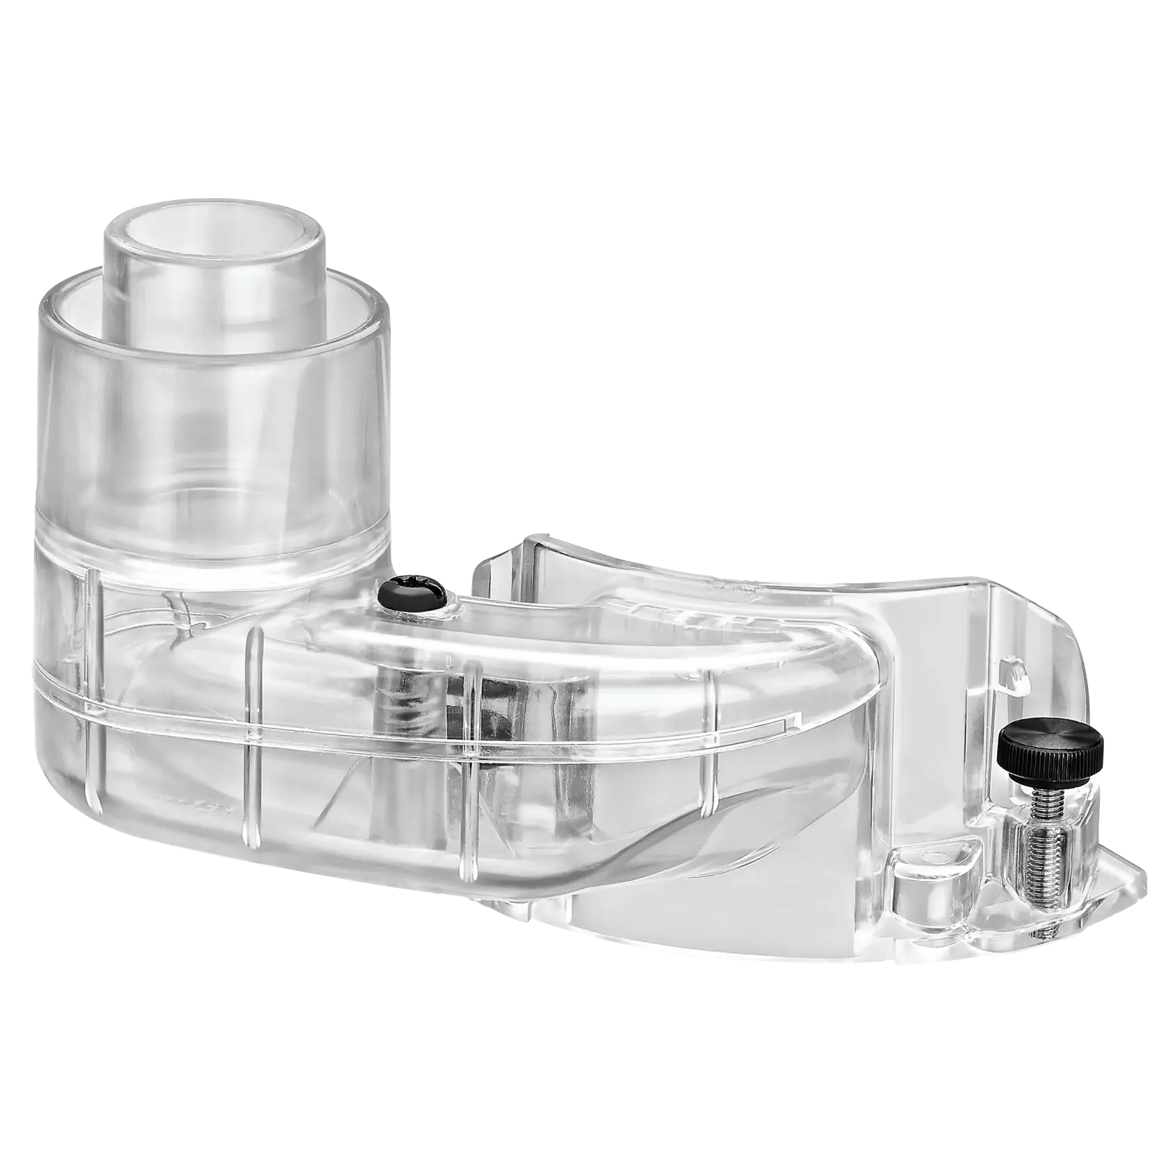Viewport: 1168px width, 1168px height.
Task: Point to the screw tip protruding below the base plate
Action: point(1046,925)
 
